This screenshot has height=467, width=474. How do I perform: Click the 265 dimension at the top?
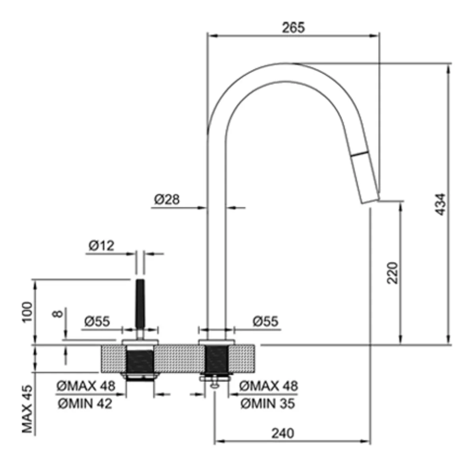[294, 28]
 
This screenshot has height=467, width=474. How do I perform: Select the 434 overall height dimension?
[441, 204]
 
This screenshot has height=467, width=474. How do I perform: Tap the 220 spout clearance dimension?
[393, 273]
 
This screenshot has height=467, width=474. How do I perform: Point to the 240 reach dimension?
[282, 433]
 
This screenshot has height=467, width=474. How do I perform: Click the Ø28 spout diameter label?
[166, 200]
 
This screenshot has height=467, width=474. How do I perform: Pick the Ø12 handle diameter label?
[102, 246]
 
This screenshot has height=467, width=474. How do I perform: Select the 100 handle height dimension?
[27, 312]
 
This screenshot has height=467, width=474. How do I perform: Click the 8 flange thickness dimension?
[58, 313]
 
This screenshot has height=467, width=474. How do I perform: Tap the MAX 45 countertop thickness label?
[27, 409]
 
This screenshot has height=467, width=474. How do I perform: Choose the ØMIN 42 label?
[85, 403]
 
